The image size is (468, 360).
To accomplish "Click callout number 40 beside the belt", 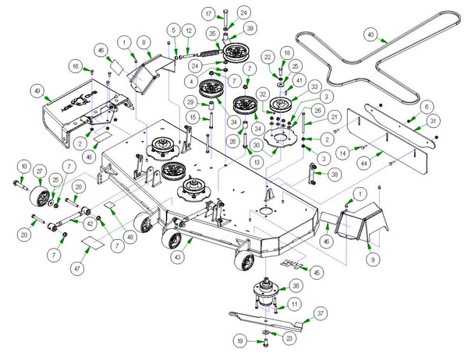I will point(370,34).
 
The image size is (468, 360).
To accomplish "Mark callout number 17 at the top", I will point(208,14).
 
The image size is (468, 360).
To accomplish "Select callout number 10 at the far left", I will point(23,167).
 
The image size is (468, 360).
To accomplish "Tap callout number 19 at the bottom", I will point(241,341).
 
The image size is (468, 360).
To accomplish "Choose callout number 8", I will point(144,41).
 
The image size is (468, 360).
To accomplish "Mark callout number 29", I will point(190,101).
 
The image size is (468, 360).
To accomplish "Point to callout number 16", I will point(76,67).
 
